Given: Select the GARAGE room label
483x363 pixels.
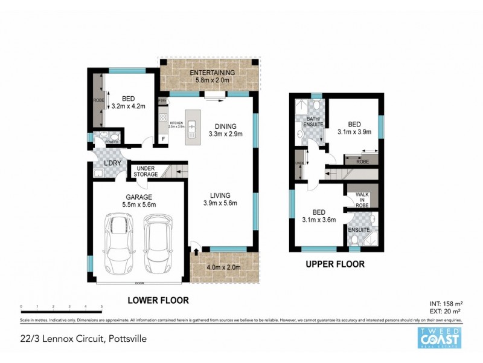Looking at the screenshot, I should (x=138, y=197).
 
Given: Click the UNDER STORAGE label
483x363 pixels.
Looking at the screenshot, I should (x=147, y=171).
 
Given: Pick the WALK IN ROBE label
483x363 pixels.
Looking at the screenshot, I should (x=360, y=200).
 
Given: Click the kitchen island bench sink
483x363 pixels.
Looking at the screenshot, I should (x=193, y=129).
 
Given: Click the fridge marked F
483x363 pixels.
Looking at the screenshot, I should (x=162, y=139).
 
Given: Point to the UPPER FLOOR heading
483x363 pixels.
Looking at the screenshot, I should (x=336, y=264).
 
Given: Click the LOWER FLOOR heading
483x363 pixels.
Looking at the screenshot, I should (x=158, y=300).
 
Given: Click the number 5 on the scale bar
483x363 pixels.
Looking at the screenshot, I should (x=101, y=307).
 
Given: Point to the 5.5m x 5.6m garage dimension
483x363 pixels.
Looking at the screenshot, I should (x=138, y=204).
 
